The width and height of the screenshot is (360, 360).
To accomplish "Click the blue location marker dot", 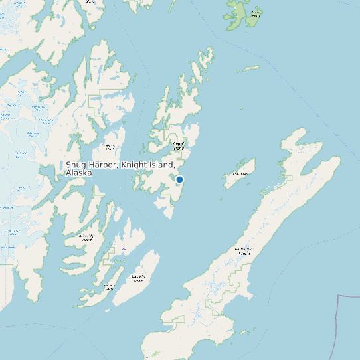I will (179, 179).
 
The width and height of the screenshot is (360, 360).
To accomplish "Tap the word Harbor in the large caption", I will (104, 165).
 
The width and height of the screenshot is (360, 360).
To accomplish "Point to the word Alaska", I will (78, 173).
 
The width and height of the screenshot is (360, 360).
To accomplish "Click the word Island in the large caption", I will (163, 165).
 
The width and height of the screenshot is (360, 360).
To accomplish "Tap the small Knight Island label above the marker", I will (178, 145).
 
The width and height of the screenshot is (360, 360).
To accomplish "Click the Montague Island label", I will (244, 251).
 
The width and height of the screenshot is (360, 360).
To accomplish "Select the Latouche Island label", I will (139, 278).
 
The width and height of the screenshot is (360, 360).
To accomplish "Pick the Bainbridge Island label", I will (87, 238).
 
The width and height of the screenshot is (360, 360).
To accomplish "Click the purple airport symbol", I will (124, 249).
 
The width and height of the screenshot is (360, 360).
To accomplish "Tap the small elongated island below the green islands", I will (250, 68).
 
